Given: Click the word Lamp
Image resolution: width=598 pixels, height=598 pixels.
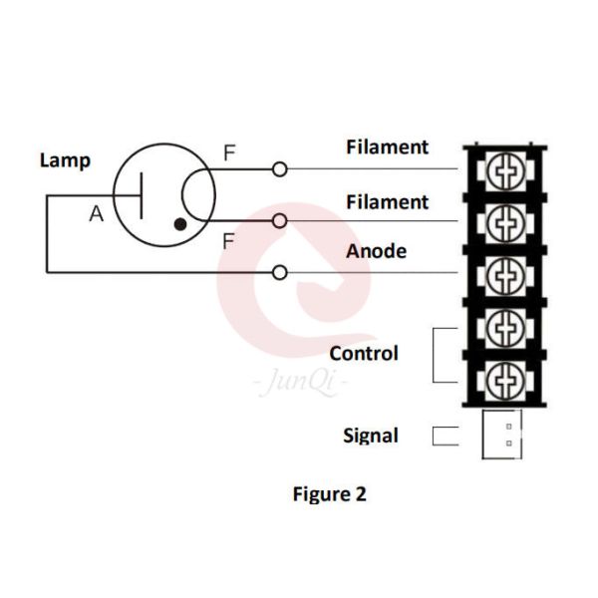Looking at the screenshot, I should [65, 159].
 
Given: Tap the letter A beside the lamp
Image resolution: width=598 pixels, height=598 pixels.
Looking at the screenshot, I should [96, 212].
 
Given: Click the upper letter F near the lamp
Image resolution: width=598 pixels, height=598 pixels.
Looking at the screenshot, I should [229, 153].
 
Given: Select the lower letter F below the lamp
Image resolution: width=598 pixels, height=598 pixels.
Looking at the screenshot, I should [229, 240].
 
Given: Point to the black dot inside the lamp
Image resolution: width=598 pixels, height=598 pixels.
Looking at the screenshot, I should [179, 224].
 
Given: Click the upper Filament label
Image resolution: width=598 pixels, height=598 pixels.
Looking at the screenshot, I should [387, 148].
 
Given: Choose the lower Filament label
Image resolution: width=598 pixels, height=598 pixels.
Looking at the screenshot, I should [387, 202].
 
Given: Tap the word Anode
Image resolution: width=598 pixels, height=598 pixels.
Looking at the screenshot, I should [376, 251].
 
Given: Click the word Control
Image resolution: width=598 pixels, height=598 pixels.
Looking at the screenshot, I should [364, 354].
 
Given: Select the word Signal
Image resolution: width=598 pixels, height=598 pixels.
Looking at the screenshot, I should [371, 436].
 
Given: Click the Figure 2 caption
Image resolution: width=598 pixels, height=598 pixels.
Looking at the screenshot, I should [329, 493].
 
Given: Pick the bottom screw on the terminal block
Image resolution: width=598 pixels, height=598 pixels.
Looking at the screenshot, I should [506, 377].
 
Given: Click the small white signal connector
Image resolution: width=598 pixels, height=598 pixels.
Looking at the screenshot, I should [501, 435].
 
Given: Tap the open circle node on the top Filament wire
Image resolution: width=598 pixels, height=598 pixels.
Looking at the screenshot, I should [280, 169].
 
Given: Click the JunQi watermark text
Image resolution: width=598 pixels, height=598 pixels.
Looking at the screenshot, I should [296, 383].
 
